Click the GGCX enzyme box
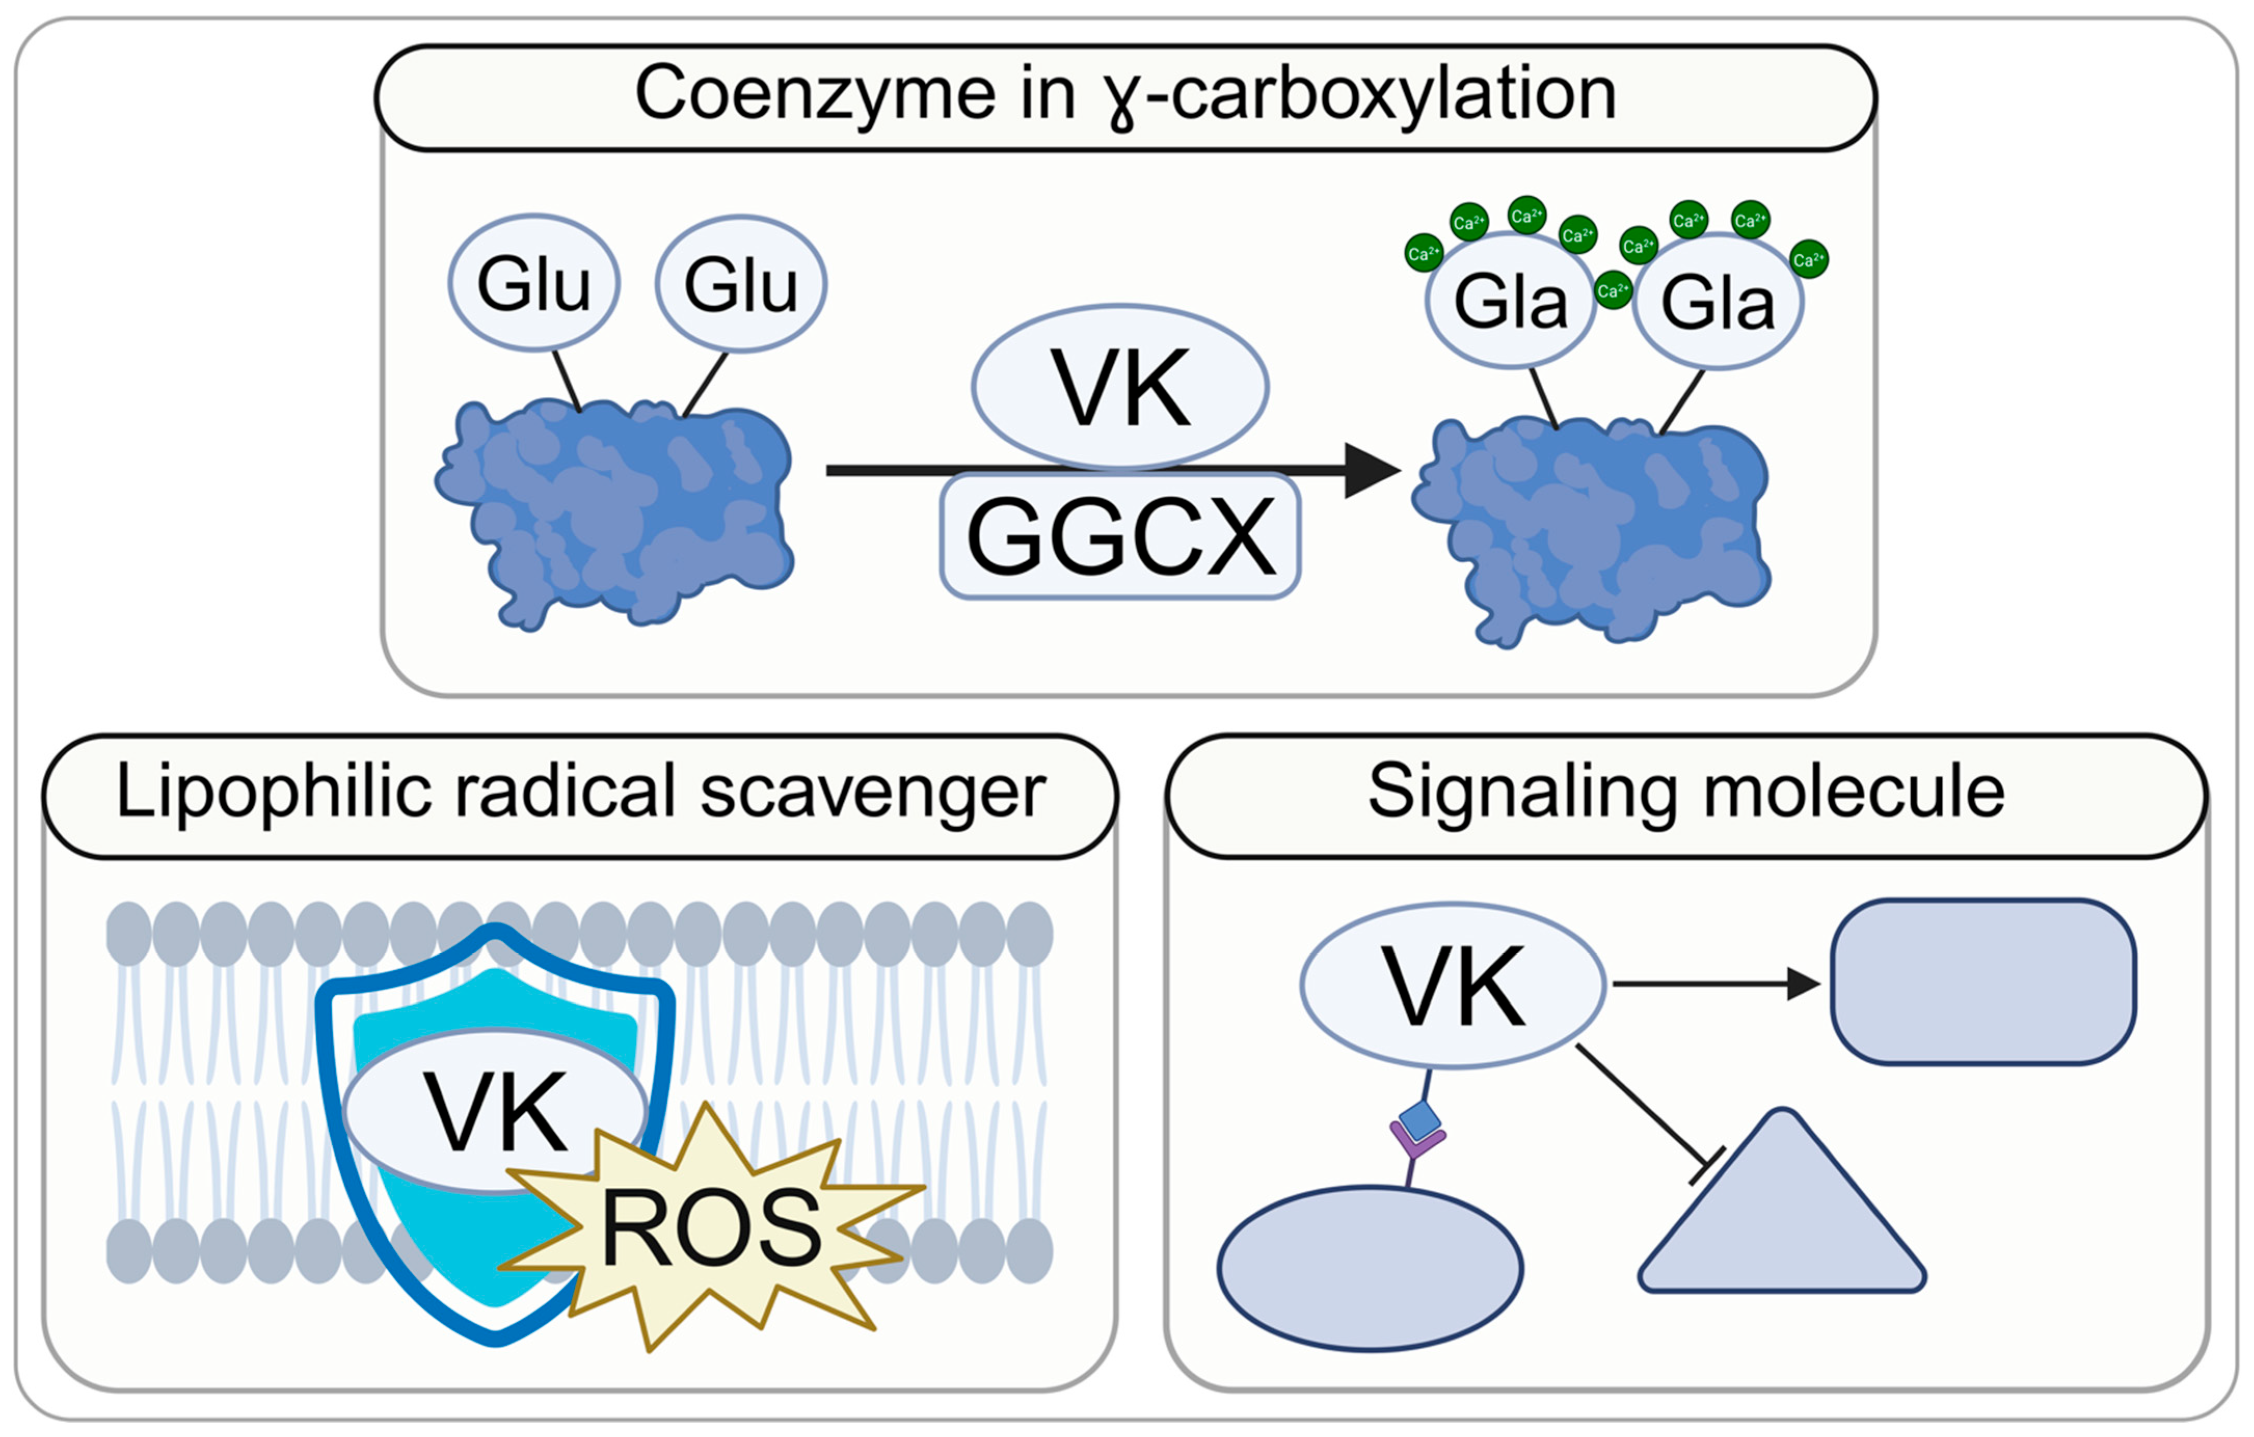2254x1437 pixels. pyautogui.click(x=1121, y=535)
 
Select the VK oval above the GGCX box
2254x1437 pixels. pyautogui.click(x=1121, y=386)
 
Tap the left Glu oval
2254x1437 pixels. pyautogui.click(x=534, y=283)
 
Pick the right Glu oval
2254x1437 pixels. pyautogui.click(x=741, y=283)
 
